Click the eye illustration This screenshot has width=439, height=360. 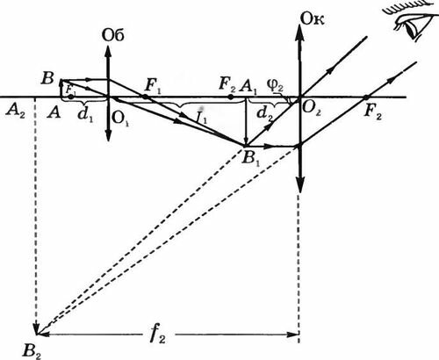(x=410, y=20)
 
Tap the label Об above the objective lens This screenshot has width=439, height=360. (x=113, y=35)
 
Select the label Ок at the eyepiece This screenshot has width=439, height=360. (x=313, y=19)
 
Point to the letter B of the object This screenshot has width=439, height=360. (x=47, y=78)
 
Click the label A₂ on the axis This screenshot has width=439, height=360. (x=15, y=112)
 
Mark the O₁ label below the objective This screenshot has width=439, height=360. (x=120, y=119)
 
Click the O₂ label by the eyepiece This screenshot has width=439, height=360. (x=311, y=109)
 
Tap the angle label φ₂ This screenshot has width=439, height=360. (x=275, y=85)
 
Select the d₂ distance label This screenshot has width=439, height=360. (x=265, y=113)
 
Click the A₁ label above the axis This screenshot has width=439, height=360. (x=248, y=86)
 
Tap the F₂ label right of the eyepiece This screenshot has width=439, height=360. (x=372, y=112)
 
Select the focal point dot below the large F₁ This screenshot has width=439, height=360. (x=145, y=97)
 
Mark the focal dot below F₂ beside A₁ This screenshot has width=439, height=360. (x=231, y=97)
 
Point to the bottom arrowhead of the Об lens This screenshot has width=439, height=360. (x=108, y=134)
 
